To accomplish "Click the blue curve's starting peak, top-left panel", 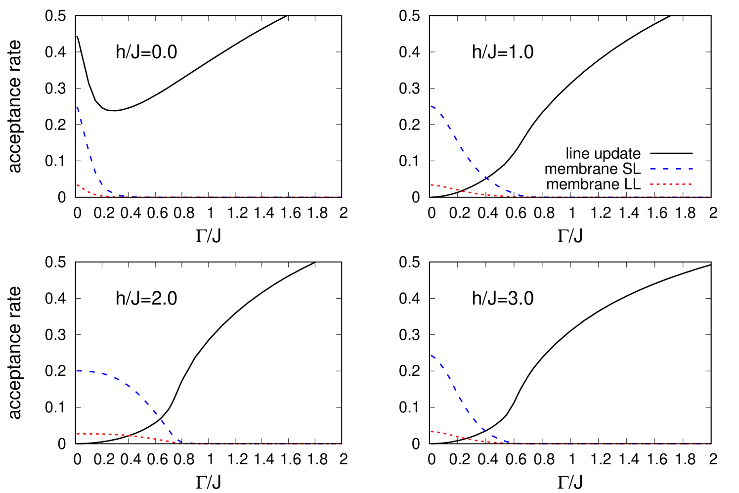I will [x=77, y=106].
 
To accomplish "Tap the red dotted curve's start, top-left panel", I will [x=77, y=185].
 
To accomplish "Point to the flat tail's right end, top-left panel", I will [x=341, y=197].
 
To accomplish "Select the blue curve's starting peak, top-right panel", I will [x=432, y=106].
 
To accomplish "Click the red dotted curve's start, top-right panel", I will [x=432, y=185].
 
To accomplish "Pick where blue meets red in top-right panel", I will [x=522, y=196].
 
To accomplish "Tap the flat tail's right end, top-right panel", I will [x=710, y=197].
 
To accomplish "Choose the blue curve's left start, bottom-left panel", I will [x=78, y=370].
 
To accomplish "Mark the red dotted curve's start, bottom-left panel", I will [x=78, y=434].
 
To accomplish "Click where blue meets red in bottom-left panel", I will [x=181, y=442].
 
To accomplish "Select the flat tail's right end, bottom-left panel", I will [x=341, y=444].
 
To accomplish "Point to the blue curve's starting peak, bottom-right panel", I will [x=432, y=356].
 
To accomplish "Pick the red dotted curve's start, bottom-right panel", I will [x=432, y=432].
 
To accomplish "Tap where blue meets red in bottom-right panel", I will [x=509, y=442].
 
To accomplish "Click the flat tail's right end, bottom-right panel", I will [x=710, y=444].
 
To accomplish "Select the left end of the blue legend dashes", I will [x=651, y=169].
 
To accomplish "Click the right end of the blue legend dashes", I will [x=692, y=169].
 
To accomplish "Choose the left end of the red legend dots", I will [x=651, y=184].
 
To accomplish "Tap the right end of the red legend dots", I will [x=692, y=184].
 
